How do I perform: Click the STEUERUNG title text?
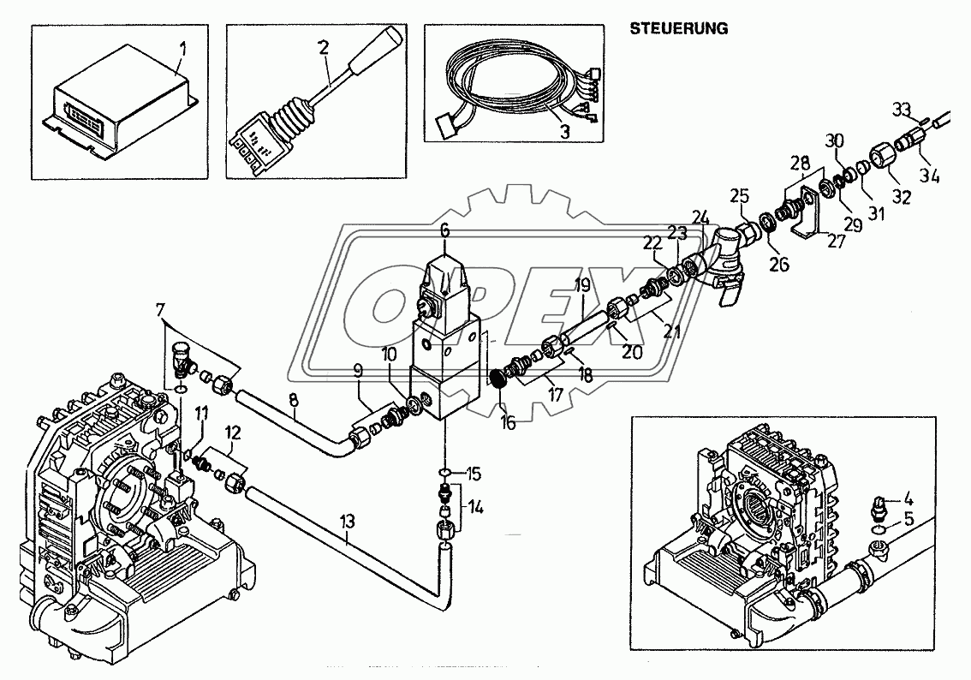click(679, 27)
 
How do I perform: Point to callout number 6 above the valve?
click(444, 230)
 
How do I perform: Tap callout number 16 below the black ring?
click(509, 422)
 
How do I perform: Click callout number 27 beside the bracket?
click(836, 242)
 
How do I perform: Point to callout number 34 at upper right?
click(930, 177)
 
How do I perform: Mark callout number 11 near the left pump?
click(201, 414)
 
